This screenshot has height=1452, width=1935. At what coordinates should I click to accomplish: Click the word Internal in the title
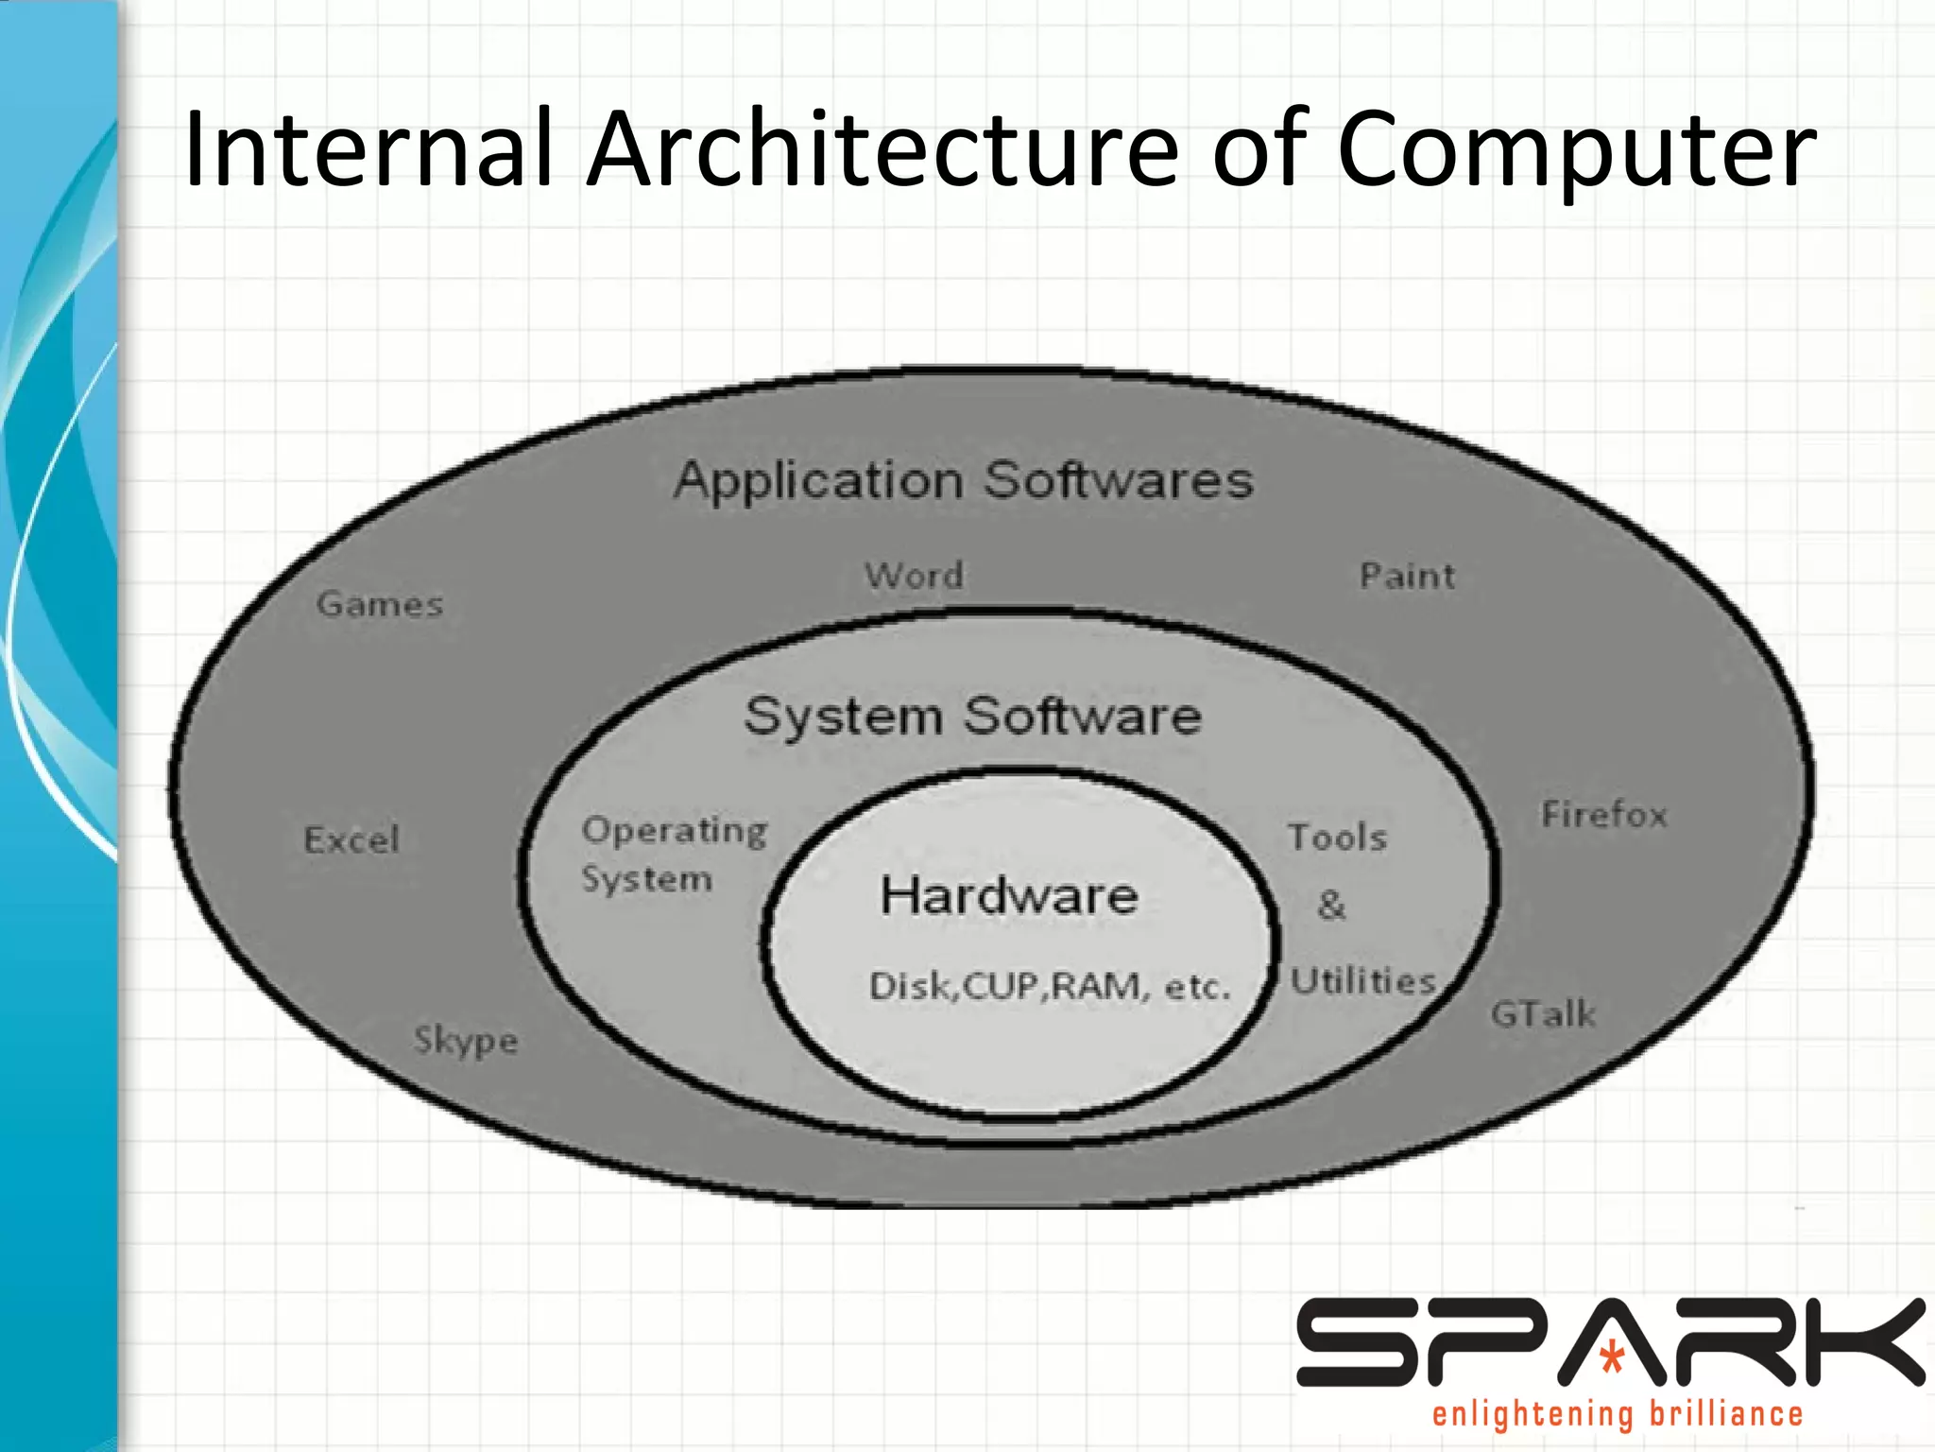368,149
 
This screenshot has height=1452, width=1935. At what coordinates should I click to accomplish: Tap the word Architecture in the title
882,149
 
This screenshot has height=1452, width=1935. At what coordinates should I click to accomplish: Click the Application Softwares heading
964,480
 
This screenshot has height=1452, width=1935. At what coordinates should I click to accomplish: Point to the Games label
380,604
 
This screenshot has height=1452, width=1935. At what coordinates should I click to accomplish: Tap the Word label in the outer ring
915,575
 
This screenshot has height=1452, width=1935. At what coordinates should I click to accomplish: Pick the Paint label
1407,576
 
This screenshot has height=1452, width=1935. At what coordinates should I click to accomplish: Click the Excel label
351,839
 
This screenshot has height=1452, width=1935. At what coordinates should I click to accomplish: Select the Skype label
466,1041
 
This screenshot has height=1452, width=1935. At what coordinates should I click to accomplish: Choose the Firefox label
1604,814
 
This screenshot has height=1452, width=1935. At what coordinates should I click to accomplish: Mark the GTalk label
1543,1014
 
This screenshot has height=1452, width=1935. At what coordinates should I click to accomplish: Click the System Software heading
972,716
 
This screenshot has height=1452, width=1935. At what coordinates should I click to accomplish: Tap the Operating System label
674,854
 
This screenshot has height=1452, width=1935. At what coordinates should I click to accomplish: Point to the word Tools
1337,838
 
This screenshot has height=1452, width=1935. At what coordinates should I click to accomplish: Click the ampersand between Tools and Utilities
1331,905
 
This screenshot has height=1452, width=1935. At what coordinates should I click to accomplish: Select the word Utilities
1363,981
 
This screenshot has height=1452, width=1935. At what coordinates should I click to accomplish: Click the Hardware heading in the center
1009,895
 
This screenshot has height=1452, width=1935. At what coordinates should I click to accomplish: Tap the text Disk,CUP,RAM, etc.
1050,987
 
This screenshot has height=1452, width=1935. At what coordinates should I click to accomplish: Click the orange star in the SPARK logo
1612,1357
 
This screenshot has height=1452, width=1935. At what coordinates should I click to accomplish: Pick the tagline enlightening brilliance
1618,1414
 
